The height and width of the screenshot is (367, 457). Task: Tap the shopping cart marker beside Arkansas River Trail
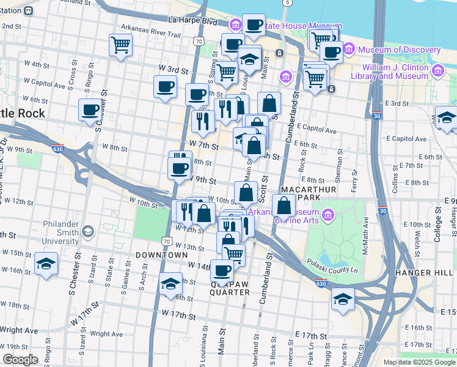point(120,45)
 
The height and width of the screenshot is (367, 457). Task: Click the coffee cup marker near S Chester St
point(90,111)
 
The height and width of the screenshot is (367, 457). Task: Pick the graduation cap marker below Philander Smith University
point(46,265)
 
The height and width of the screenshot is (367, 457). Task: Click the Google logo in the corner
point(20,360)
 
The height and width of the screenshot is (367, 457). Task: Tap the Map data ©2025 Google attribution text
point(419,362)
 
